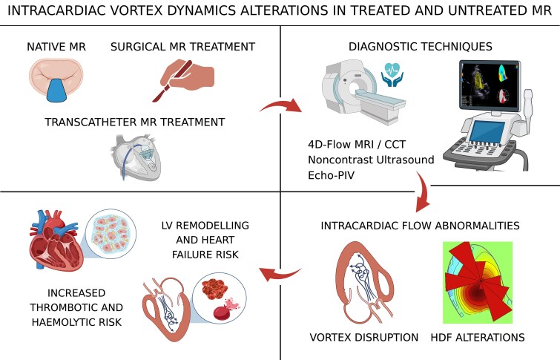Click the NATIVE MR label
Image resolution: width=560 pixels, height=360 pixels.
pos(57,47)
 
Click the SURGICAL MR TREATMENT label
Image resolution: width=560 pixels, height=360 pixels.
pos(182,47)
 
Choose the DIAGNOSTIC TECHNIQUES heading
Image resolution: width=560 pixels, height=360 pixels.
pos(421,47)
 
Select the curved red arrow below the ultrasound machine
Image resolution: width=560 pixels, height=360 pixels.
pos(425,194)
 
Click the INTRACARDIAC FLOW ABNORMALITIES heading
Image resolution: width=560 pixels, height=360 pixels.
pos(419,225)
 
